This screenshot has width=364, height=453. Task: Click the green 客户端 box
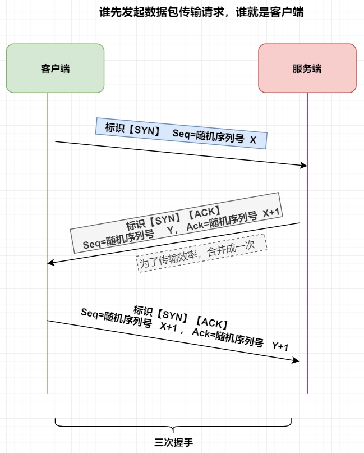click(x=55, y=68)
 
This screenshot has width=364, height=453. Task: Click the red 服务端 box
click(x=307, y=68)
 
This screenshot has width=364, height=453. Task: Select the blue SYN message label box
click(x=181, y=134)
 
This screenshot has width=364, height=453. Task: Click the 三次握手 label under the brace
click(x=173, y=442)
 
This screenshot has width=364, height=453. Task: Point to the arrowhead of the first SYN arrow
click(x=304, y=165)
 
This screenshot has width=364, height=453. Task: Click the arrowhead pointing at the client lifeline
click(x=50, y=262)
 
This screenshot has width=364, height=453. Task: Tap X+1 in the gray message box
click(x=272, y=213)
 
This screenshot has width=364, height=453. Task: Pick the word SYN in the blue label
click(x=144, y=129)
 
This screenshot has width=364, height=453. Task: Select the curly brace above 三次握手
click(x=173, y=424)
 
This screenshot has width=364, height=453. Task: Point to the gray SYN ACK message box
click(x=175, y=223)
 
